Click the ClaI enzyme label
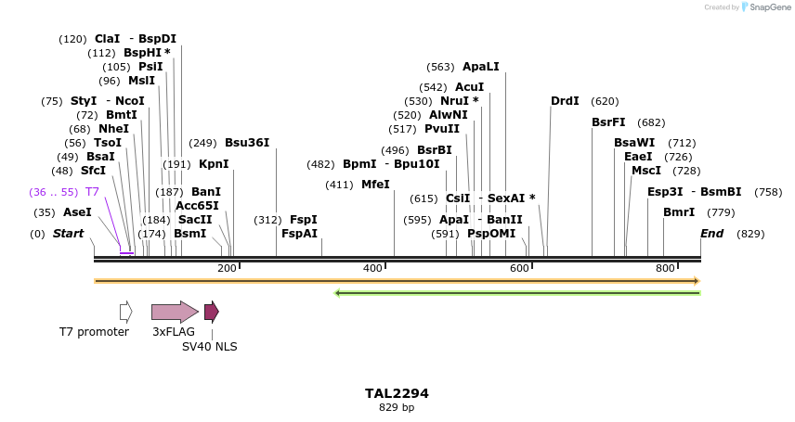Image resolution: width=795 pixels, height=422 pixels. point(108,39)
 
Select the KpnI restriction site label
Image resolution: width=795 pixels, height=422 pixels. point(214,164)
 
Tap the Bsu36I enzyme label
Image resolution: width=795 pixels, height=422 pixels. point(247,143)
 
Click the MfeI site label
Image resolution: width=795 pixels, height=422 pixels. point(375,185)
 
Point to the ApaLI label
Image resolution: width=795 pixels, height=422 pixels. point(481,67)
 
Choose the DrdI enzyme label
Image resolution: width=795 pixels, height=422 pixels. point(565,101)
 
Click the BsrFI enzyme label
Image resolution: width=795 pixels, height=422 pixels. point(608,122)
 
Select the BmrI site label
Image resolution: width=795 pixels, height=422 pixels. point(679,212)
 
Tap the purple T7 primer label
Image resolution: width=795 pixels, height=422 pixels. point(92,192)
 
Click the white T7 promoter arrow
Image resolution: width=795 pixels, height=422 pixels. point(126,312)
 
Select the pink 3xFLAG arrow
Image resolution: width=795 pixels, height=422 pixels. point(175,312)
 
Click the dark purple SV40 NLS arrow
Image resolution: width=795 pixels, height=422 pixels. point(212,312)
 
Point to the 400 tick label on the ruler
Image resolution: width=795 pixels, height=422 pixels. point(372,268)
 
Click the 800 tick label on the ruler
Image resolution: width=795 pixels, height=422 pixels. point(665,268)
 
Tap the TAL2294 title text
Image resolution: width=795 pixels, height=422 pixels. point(397,393)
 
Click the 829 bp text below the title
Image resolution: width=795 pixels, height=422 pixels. point(397,407)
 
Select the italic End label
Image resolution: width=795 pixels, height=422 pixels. point(711,234)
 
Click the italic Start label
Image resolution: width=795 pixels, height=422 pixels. point(68,234)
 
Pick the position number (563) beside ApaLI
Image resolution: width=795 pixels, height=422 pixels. point(440,67)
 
